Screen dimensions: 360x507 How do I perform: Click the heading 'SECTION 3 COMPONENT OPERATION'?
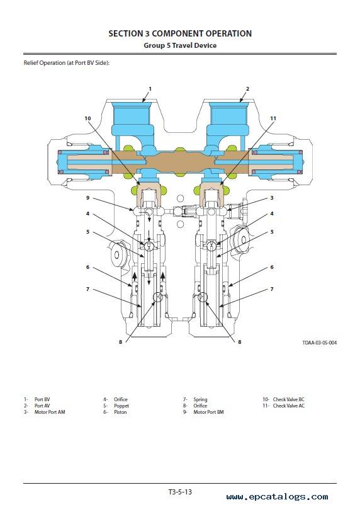point(180,33)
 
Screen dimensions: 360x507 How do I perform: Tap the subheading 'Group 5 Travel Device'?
point(180,45)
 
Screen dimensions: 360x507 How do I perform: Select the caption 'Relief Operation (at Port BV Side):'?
point(67,63)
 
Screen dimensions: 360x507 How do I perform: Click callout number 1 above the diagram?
point(150,89)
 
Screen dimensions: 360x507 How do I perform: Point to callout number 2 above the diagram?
point(247,89)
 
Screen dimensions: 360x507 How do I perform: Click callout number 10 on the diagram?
point(87,118)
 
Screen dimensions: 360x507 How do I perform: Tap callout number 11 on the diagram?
point(273,118)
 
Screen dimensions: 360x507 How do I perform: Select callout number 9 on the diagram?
point(87,198)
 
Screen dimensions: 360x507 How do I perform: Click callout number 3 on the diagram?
point(272,198)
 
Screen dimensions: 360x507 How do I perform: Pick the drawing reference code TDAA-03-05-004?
point(319,343)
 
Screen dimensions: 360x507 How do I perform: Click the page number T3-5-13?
point(180,492)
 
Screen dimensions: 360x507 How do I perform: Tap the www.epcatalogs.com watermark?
point(278,497)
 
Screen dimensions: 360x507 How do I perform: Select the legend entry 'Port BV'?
point(42,399)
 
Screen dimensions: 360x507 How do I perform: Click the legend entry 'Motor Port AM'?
point(50,412)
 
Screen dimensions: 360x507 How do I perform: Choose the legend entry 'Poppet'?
point(121,406)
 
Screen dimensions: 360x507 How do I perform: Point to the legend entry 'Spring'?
point(200,400)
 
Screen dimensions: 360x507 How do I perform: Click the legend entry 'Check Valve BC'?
point(289,399)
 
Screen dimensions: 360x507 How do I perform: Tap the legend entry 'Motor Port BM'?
point(208,412)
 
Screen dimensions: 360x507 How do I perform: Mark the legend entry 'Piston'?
point(120,412)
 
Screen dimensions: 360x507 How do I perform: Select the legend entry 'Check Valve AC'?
point(289,406)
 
